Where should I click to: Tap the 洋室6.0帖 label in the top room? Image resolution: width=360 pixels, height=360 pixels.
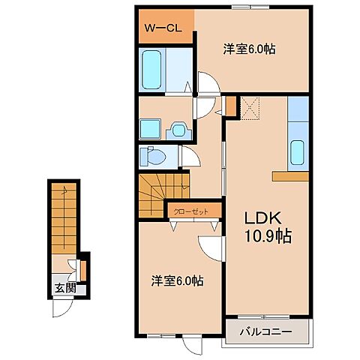247,49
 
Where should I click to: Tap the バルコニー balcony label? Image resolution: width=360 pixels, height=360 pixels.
264,331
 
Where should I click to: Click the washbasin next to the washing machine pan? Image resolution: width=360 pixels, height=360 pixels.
179,129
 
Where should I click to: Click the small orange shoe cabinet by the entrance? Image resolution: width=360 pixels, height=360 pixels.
84,266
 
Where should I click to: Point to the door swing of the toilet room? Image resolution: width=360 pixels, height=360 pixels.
191,157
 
